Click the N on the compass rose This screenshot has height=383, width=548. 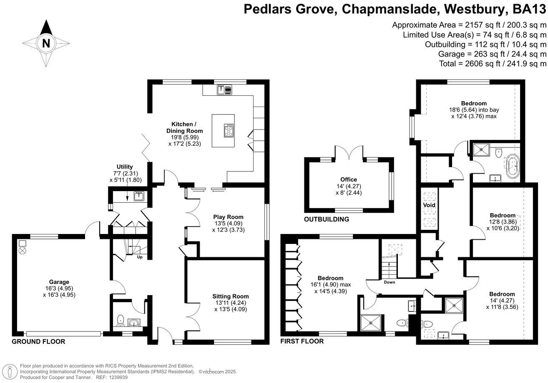pyautogui.click(x=46, y=43)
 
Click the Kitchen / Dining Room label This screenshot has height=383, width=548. pyautogui.click(x=183, y=127)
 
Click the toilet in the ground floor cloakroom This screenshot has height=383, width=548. pyautogui.click(x=121, y=321)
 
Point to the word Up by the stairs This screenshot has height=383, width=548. pyautogui.click(x=140, y=257)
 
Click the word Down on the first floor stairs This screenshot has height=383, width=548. pyautogui.click(x=390, y=282)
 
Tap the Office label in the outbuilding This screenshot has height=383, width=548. pyautogui.click(x=349, y=179)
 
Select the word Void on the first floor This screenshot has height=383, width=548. pyautogui.click(x=429, y=205)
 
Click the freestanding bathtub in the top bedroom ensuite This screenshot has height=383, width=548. pyautogui.click(x=513, y=167)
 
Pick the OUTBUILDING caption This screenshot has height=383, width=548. pyautogui.click(x=327, y=219)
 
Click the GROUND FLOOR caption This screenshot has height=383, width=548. pyautogui.click(x=38, y=341)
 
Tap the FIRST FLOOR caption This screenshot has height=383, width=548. pyautogui.click(x=302, y=341)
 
